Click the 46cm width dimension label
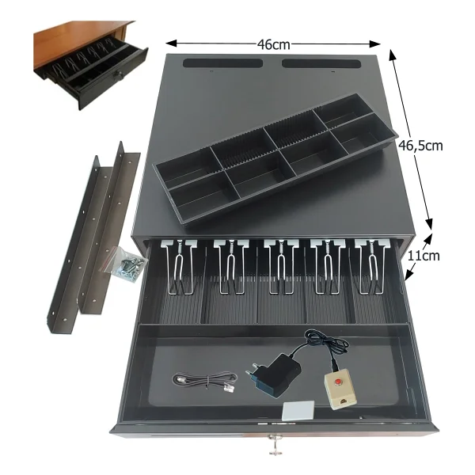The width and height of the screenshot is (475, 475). (274, 44)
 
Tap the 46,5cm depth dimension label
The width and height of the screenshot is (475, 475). (420, 146)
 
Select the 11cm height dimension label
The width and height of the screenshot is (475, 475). (423, 256)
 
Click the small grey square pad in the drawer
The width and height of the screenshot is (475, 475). (298, 411)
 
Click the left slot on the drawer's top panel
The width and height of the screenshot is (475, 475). (223, 63)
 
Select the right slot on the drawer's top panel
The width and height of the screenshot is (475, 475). (321, 63)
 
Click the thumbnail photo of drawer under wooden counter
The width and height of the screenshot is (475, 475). (90, 65)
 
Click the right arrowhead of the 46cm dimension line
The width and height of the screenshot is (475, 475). (375, 44)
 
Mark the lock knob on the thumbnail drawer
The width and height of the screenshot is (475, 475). (118, 74)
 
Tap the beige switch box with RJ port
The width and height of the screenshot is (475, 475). (340, 389)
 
